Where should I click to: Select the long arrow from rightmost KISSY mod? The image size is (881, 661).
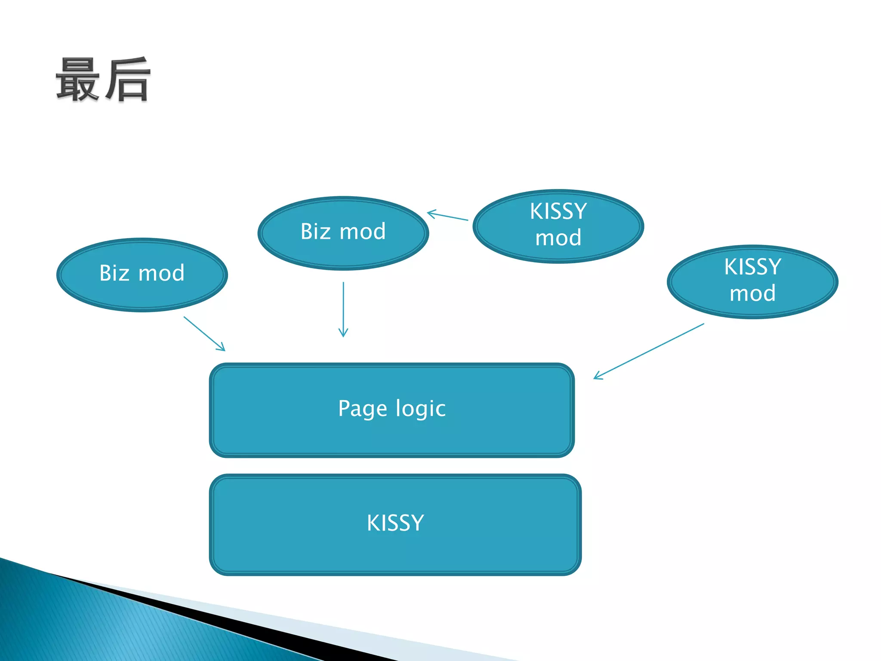(649, 351)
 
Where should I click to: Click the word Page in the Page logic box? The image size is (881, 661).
(362, 408)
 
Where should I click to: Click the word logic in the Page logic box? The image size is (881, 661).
(420, 408)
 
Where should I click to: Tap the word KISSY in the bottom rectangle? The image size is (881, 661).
(395, 523)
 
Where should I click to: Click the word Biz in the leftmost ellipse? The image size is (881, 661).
(114, 273)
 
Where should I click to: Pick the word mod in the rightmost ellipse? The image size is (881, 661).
(752, 293)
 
